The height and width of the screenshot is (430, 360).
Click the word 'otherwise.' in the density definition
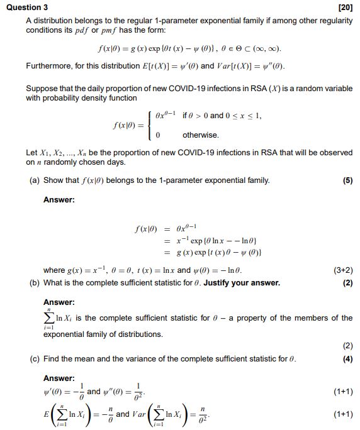click(201, 135)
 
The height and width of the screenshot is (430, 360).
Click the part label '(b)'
click(35, 283)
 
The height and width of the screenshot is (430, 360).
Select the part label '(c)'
click(35, 359)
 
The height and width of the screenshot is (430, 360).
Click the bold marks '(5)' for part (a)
click(347, 180)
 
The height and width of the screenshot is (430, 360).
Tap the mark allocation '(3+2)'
click(342, 271)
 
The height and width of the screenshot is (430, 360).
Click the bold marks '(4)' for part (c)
click(347, 359)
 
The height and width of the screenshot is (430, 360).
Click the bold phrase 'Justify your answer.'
click(244, 283)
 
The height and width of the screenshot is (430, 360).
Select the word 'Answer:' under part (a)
click(59, 200)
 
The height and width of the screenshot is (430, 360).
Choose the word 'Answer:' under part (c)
click(59, 378)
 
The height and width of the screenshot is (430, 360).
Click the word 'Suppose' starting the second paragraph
click(42, 89)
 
